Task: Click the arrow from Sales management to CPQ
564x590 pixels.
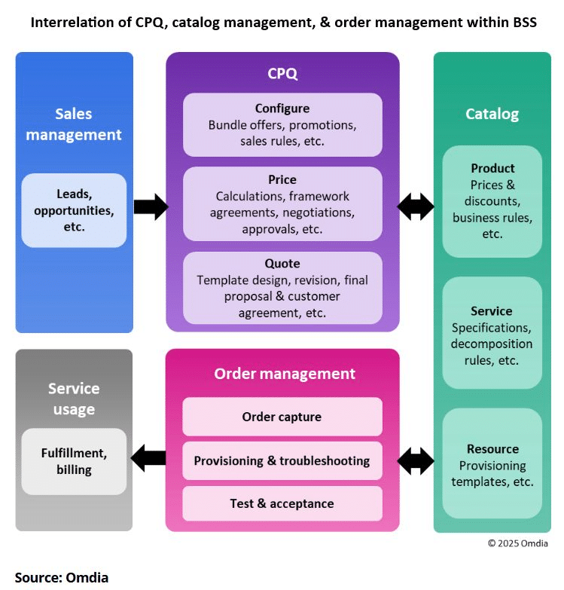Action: pyautogui.click(x=151, y=206)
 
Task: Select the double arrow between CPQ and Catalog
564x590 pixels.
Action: pyautogui.click(x=416, y=206)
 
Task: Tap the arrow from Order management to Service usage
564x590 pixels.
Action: pyautogui.click(x=148, y=458)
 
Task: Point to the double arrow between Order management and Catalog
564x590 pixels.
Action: pyautogui.click(x=416, y=461)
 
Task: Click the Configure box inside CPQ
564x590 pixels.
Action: pyautogui.click(x=282, y=124)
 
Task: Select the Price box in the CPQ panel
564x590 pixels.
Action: pyautogui.click(x=282, y=204)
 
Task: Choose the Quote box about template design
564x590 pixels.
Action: pyautogui.click(x=282, y=288)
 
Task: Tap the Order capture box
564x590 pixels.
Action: pyautogui.click(x=282, y=417)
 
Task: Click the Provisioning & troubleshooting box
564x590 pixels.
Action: pyautogui.click(x=282, y=460)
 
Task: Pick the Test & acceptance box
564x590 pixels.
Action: pyautogui.click(x=282, y=503)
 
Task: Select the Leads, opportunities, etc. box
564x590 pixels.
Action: pyautogui.click(x=74, y=210)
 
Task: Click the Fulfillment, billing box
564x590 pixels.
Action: pyautogui.click(x=74, y=461)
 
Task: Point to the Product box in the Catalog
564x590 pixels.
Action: pyautogui.click(x=492, y=201)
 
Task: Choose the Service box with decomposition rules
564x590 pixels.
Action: pyautogui.click(x=492, y=332)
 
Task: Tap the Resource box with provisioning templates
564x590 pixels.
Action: pyautogui.click(x=492, y=463)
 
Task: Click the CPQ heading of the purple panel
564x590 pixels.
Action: pyautogui.click(x=282, y=73)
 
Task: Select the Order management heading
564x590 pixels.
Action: pyautogui.click(x=285, y=374)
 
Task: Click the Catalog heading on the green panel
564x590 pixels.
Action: pyautogui.click(x=492, y=114)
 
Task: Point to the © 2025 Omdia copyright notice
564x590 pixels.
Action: pyautogui.click(x=518, y=543)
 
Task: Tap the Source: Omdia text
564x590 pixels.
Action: pyautogui.click(x=62, y=578)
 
